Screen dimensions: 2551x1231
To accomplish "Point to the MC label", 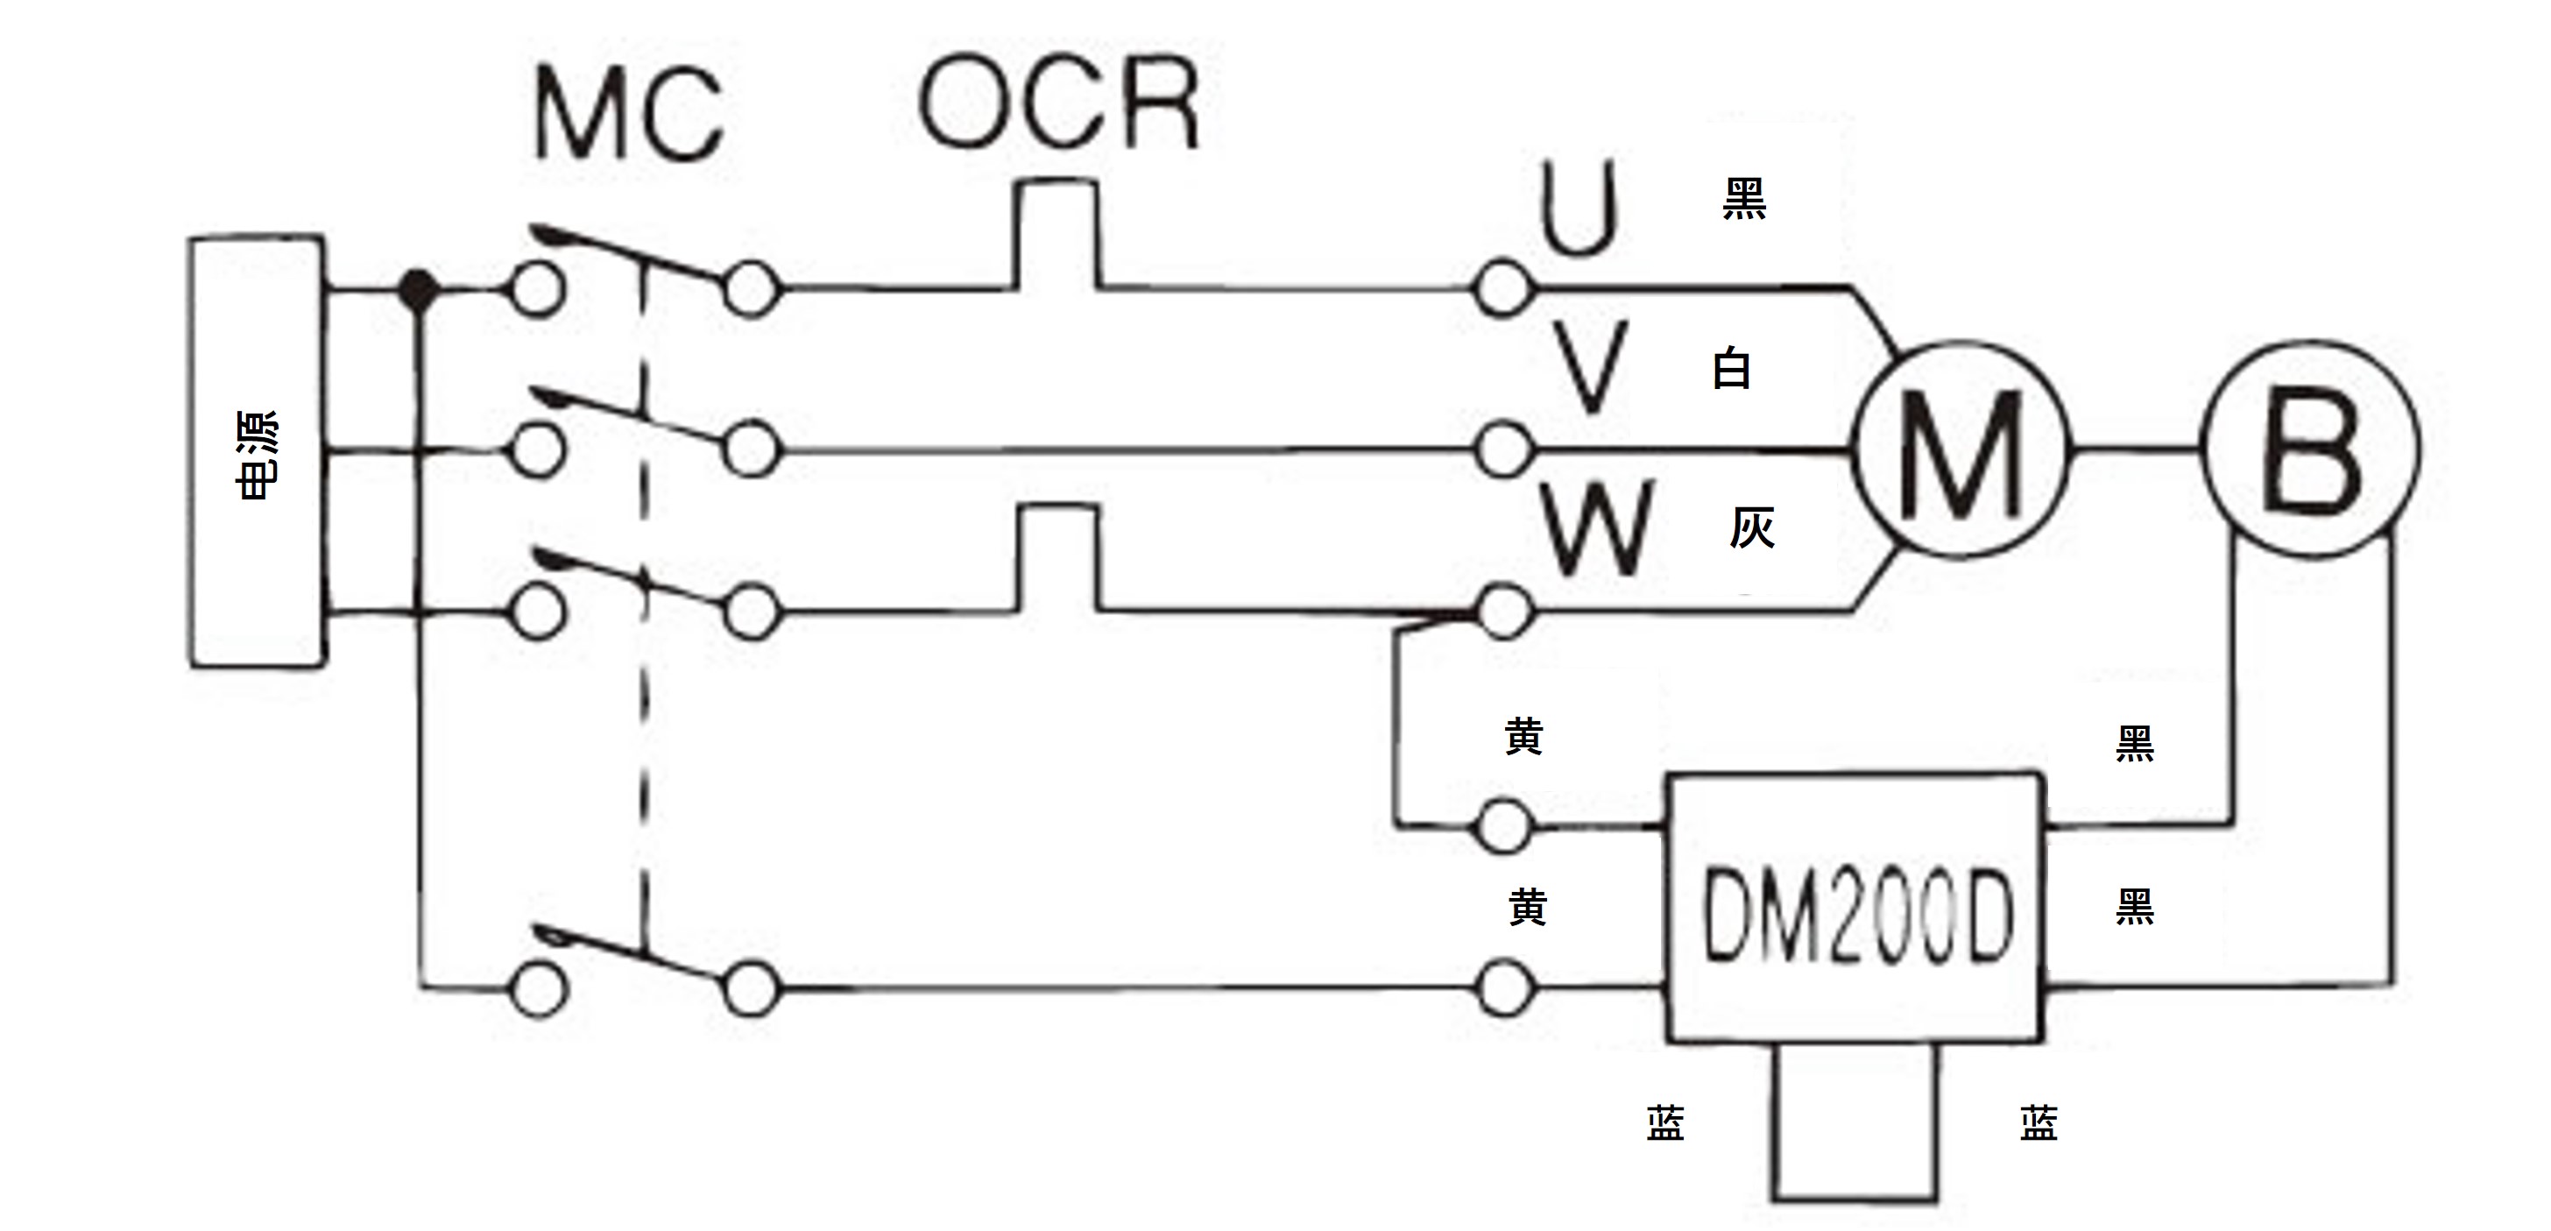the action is (630, 116).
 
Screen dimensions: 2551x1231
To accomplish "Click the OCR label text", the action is (1060, 103).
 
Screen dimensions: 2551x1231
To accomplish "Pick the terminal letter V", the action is (1589, 366).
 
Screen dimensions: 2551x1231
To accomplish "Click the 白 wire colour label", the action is (1731, 370).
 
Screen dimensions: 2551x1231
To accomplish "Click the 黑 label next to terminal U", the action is (1745, 199).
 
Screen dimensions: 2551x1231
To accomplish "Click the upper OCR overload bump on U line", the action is (1056, 182).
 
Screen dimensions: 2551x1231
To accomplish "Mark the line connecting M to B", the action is (2136, 449).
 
